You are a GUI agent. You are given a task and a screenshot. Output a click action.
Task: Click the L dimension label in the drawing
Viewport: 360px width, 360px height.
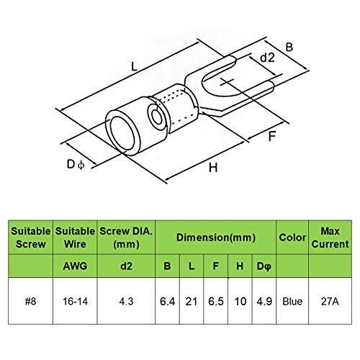[x=135, y=66]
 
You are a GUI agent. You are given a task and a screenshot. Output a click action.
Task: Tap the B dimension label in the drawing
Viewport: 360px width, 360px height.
[x=289, y=47]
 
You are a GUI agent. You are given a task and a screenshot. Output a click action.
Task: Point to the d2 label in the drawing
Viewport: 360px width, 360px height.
[x=267, y=58]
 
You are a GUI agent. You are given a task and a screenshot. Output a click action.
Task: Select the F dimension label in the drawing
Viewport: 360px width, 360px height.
[x=271, y=136]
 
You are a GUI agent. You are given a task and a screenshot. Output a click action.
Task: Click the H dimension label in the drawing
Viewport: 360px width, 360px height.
[x=213, y=168]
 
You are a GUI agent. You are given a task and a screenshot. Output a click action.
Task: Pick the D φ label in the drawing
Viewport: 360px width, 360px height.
[x=76, y=165]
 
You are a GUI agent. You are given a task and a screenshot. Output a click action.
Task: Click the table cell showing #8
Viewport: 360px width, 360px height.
[x=30, y=302]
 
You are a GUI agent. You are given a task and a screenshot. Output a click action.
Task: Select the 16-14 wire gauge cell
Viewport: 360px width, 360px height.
[x=75, y=302]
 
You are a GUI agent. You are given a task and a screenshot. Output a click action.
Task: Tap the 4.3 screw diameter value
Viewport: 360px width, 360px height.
[x=126, y=302]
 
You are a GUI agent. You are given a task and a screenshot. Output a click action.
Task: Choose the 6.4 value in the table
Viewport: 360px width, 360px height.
[x=167, y=302]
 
